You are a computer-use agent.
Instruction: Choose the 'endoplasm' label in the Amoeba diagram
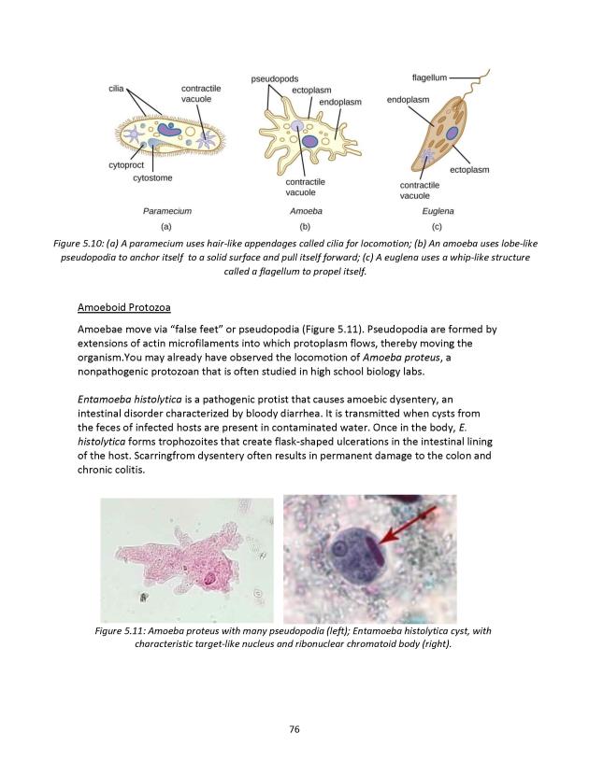pyautogui.click(x=340, y=101)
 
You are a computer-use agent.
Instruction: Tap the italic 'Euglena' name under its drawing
pyautogui.click(x=438, y=212)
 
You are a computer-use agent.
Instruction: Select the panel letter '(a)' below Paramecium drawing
pyautogui.click(x=166, y=226)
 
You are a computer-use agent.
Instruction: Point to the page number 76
pyautogui.click(x=294, y=728)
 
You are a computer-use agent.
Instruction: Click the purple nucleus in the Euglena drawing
pyautogui.click(x=451, y=134)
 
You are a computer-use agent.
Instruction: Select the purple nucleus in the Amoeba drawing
pyautogui.click(x=309, y=141)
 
